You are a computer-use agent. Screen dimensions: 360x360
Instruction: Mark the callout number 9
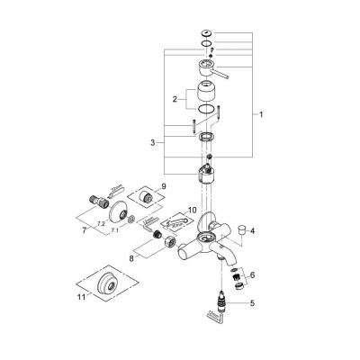pyautogui.click(x=163, y=187)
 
